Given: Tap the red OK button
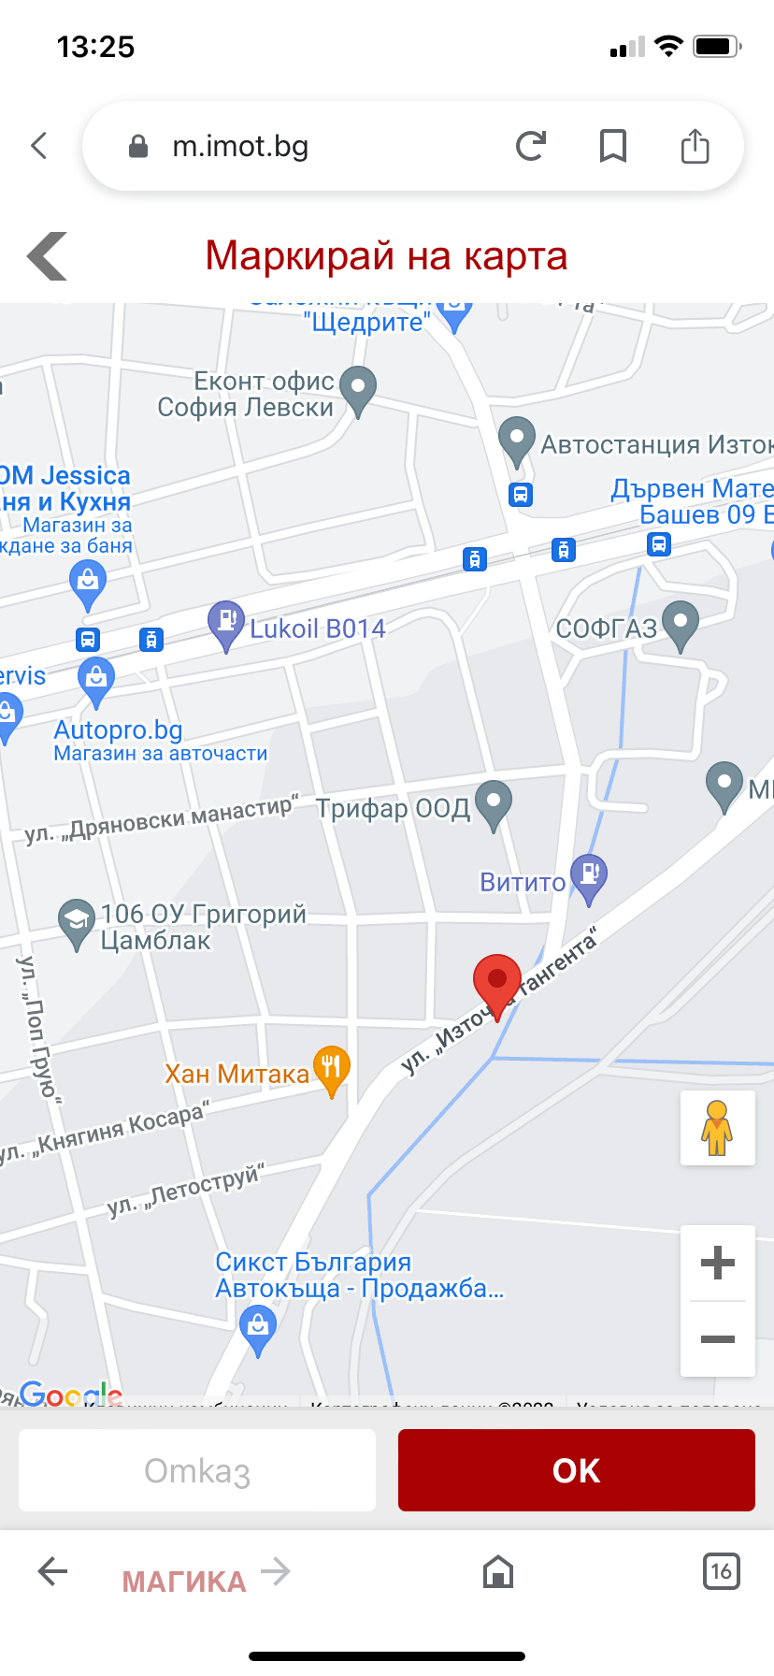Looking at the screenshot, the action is click(x=576, y=1470).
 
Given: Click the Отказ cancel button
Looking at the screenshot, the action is click(x=197, y=1470).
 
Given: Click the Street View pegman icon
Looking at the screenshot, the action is click(x=717, y=1127).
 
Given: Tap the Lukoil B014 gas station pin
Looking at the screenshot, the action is click(x=225, y=623).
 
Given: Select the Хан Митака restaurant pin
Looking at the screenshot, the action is click(x=331, y=1068).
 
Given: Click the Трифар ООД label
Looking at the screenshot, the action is click(x=393, y=808).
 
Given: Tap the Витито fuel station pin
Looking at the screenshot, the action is click(x=589, y=876).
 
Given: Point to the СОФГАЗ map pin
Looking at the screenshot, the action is click(x=680, y=623).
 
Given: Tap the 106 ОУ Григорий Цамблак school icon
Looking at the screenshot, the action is click(x=76, y=921).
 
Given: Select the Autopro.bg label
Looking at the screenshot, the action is click(x=118, y=730).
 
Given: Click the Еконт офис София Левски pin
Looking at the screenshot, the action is click(x=357, y=388).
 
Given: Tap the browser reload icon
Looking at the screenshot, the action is click(x=531, y=146).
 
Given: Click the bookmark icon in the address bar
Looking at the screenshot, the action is click(x=613, y=146).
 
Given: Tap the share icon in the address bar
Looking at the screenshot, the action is click(x=695, y=146).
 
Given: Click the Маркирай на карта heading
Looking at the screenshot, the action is click(x=386, y=255).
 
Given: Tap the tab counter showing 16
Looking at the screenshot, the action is click(x=721, y=1571).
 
